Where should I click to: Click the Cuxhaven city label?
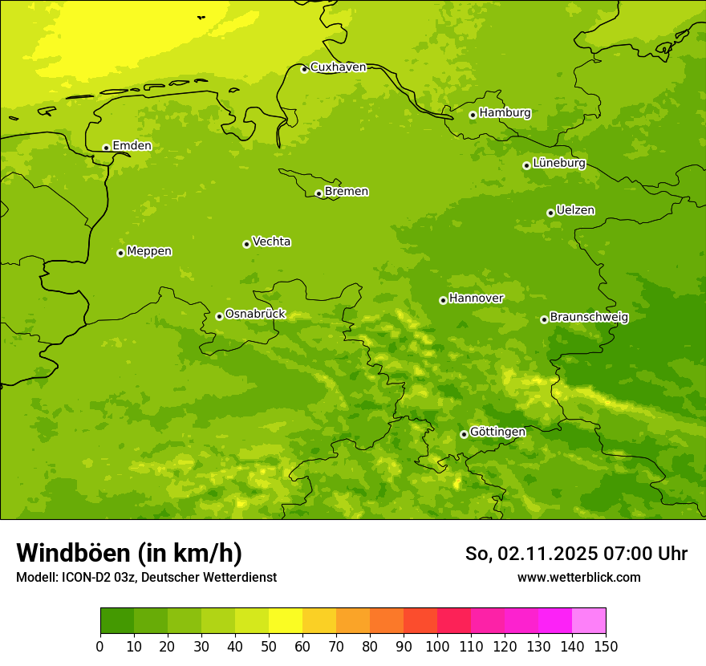[338, 67]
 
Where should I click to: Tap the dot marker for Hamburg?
[473, 115]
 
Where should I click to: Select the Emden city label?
[132, 146]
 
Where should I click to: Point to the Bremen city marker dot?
[319, 193]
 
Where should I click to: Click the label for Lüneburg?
[558, 164]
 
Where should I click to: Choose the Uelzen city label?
[575, 211]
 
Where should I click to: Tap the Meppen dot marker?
[120, 253]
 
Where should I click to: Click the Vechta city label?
[271, 242]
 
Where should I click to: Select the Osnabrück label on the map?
[255, 315]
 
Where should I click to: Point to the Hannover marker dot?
[443, 300]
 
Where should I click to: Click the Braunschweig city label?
[589, 318]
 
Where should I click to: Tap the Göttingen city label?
[497, 432]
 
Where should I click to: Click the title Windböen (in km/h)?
[129, 553]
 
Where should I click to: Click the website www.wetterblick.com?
[578, 578]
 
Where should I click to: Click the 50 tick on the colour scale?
[269, 647]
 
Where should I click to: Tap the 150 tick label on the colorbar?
[606, 647]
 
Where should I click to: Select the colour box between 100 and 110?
[454, 621]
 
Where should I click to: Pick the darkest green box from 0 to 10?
[117, 621]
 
